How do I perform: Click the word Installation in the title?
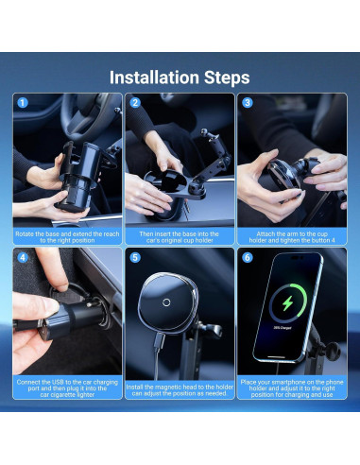154,77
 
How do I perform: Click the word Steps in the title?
227,77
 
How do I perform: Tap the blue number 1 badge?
23,103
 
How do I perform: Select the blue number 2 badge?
135,103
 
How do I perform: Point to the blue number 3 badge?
248,103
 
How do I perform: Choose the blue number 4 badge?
23,258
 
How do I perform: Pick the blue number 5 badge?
135,258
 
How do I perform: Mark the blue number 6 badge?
248,258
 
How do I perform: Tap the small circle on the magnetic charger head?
166,302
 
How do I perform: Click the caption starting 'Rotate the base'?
67,237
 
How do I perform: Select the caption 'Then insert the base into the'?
180,233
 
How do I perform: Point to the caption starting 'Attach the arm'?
292,237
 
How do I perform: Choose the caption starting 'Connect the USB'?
67,388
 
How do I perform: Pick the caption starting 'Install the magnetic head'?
180,390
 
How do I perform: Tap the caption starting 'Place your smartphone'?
292,388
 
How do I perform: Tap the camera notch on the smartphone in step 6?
297,258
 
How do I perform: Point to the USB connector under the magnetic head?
159,341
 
